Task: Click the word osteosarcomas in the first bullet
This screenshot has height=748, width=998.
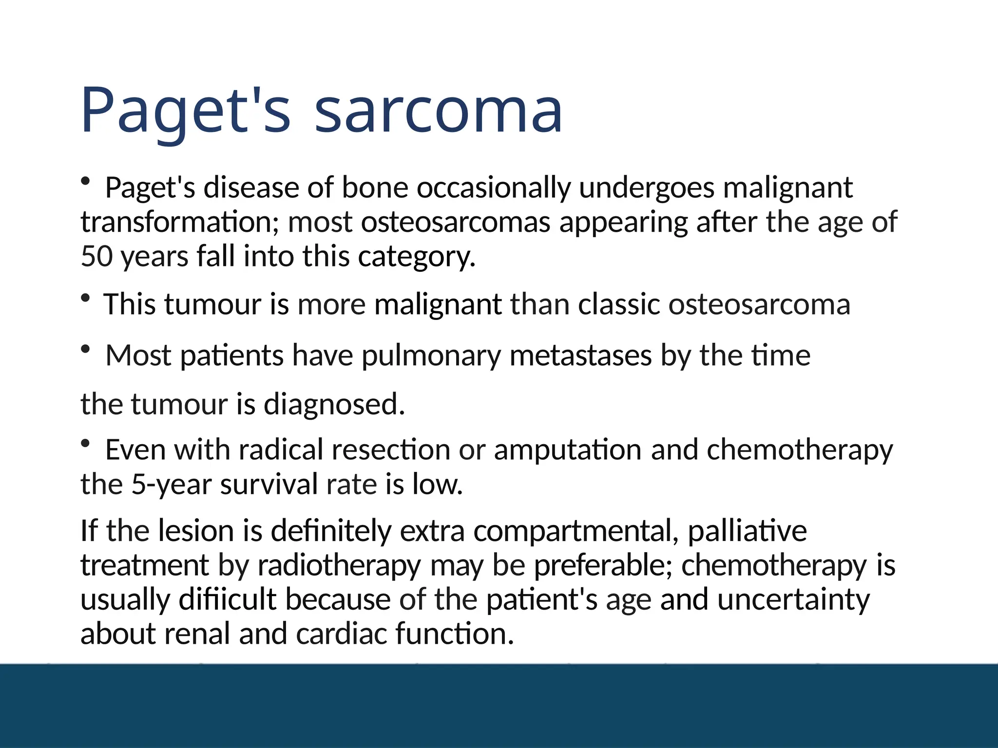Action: [455, 223]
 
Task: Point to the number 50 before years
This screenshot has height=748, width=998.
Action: [96, 257]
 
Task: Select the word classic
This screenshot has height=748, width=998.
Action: [619, 305]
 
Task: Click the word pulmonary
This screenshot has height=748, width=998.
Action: [431, 356]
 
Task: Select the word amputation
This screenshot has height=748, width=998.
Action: [568, 450]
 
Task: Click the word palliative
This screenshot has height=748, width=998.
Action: [747, 531]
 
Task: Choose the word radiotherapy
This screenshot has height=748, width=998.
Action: [339, 566]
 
